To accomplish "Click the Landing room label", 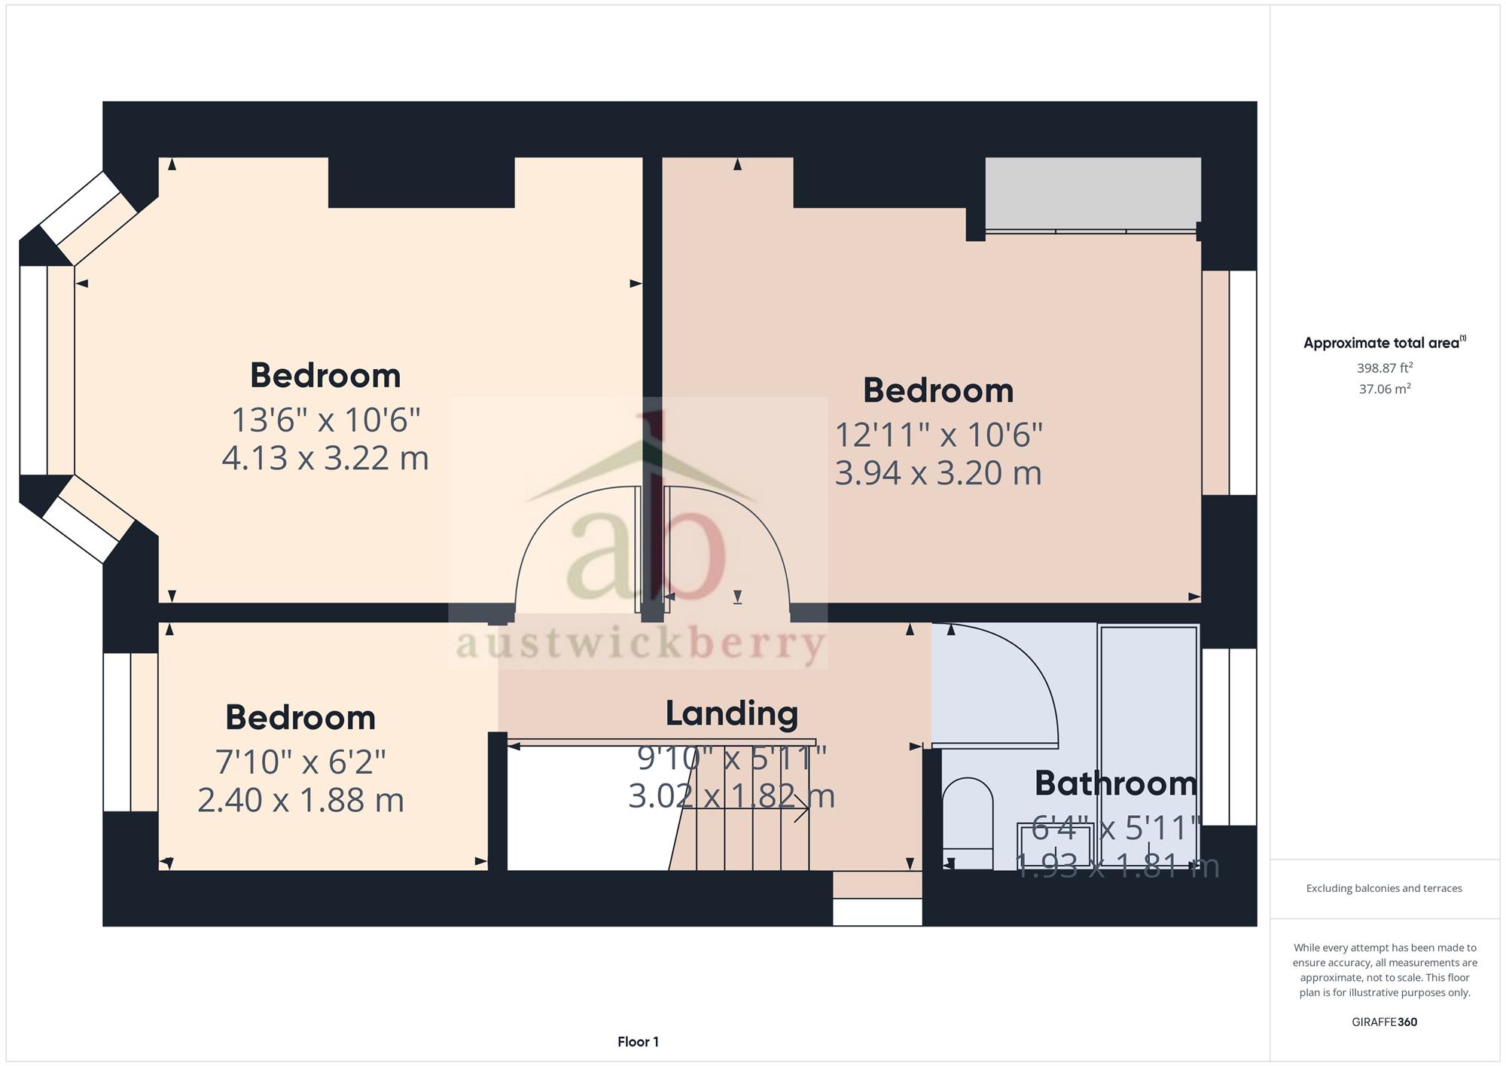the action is click(731, 714).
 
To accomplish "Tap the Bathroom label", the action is click(1115, 783).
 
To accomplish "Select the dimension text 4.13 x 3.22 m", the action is click(325, 458).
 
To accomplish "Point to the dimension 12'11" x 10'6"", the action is click(939, 435).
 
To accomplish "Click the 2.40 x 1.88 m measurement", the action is click(300, 800).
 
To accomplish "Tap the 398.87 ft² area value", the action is click(1385, 368).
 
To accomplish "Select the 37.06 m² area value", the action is click(1385, 389).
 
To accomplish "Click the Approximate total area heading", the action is click(1385, 343).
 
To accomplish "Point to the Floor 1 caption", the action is click(638, 1042).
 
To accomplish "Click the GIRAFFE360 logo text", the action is click(1385, 1022).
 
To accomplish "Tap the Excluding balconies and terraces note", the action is click(1384, 888).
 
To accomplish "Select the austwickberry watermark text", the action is click(641, 645).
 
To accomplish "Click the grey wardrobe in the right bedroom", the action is click(1093, 194).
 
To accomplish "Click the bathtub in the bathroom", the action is click(1148, 746).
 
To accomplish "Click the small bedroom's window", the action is click(130, 732).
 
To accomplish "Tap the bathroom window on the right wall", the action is click(1229, 737).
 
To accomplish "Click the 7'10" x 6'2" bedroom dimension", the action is click(300, 762).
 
